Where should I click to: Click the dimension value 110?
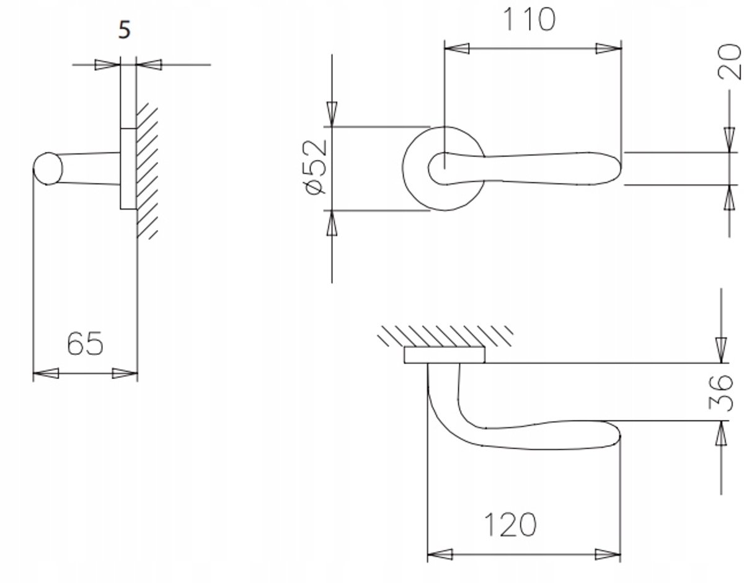(x=529, y=19)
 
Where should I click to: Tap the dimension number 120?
(x=510, y=525)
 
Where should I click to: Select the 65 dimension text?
(x=85, y=344)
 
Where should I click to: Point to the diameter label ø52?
(x=315, y=167)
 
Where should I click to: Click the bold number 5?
(x=125, y=30)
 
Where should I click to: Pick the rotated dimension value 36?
(x=720, y=393)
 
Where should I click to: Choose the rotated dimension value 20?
(x=729, y=61)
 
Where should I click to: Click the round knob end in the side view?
(x=48, y=169)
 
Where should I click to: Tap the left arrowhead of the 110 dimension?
(x=457, y=48)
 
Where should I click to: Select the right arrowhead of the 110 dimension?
(x=608, y=48)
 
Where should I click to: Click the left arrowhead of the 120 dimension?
(x=440, y=554)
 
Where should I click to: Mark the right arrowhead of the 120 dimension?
(x=608, y=554)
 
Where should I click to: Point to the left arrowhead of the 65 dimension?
(x=46, y=373)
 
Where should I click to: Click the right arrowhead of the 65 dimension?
(x=125, y=373)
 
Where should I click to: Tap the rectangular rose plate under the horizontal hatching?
(x=445, y=355)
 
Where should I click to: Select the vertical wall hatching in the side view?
(x=148, y=171)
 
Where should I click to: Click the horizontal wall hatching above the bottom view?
(x=445, y=336)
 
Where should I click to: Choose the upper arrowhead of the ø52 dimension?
(x=332, y=114)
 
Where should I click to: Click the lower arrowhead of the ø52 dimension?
(x=332, y=223)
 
